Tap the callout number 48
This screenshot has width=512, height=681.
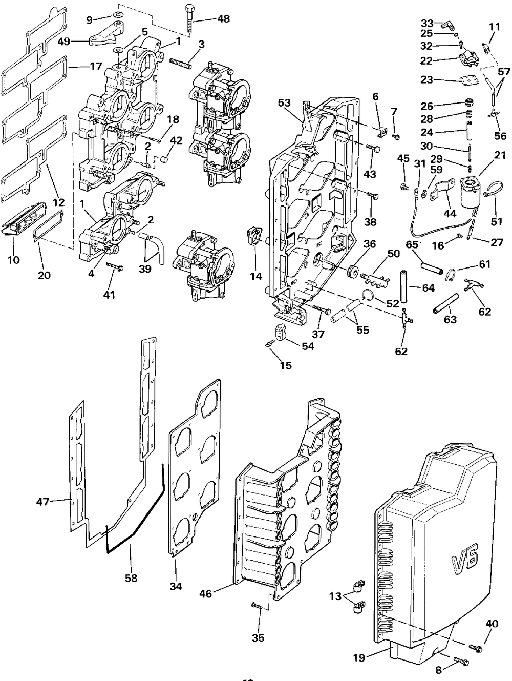coord(223,18)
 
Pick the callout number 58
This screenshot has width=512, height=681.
coord(131,577)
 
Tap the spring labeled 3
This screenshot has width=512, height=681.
coord(181,64)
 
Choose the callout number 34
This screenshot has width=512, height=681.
coord(176,586)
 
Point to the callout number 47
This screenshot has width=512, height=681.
coord(43,502)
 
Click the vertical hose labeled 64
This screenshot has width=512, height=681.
coord(403,286)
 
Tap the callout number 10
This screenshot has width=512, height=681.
coord(13,260)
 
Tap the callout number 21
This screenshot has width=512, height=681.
coord(499,155)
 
